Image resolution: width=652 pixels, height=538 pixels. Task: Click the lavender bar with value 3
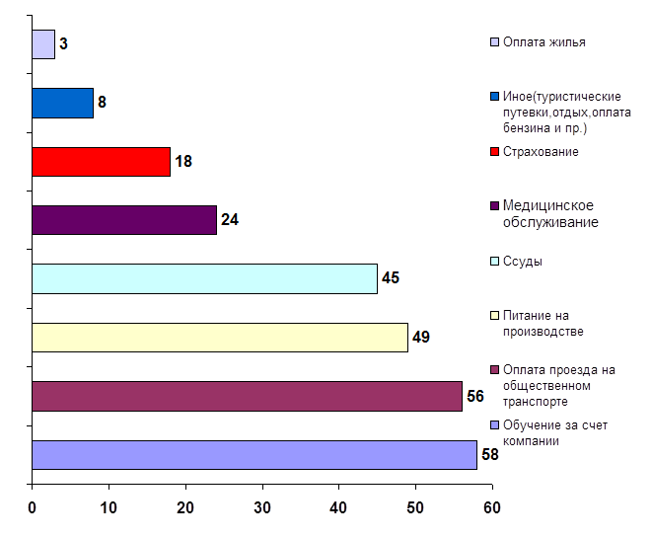click(43, 44)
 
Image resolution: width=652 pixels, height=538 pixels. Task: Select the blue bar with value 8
click(62, 103)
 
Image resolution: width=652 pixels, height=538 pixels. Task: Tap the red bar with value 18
click(101, 161)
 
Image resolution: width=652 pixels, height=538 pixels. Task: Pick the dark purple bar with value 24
click(123, 219)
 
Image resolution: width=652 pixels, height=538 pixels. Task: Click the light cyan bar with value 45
click(204, 278)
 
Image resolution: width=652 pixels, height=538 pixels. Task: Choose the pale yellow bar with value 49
click(219, 337)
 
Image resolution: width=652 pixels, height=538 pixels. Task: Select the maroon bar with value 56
click(247, 396)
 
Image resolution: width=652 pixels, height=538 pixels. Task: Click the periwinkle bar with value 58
click(254, 454)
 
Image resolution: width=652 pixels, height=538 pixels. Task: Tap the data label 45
click(390, 278)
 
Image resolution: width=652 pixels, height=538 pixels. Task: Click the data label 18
click(182, 161)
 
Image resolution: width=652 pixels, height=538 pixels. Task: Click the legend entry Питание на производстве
click(543, 322)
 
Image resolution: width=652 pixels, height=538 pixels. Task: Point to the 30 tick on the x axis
click(262, 507)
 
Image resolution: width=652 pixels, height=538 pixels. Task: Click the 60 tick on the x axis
click(491, 507)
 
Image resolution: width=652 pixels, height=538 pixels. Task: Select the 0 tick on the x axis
click(33, 507)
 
